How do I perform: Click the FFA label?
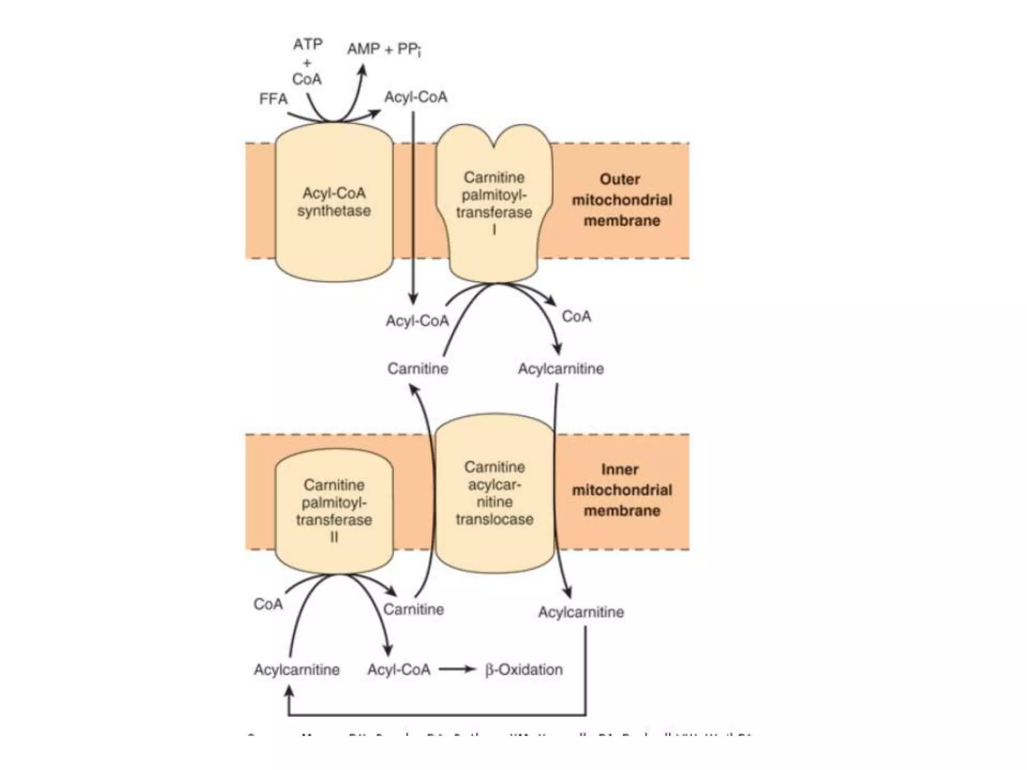(273, 99)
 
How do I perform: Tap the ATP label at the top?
(307, 45)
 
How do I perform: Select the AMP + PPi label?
(384, 49)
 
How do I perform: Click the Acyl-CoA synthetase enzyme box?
(334, 202)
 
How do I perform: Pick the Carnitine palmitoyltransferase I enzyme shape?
(494, 201)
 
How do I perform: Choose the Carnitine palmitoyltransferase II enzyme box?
(334, 510)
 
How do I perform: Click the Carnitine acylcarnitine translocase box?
(494, 494)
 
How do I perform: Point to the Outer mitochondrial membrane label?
(621, 200)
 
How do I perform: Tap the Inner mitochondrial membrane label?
(621, 490)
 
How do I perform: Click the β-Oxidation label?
(524, 669)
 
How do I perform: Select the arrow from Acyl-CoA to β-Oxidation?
(457, 669)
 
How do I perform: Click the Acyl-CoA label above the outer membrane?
(416, 97)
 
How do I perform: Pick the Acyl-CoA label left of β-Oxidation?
(399, 670)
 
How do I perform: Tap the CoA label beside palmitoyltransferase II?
(268, 604)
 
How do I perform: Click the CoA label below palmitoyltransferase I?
(576, 316)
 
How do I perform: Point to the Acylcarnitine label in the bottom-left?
(296, 670)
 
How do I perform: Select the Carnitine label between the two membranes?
(418, 369)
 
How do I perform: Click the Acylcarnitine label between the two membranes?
(561, 369)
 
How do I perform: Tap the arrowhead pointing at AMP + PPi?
(363, 71)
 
